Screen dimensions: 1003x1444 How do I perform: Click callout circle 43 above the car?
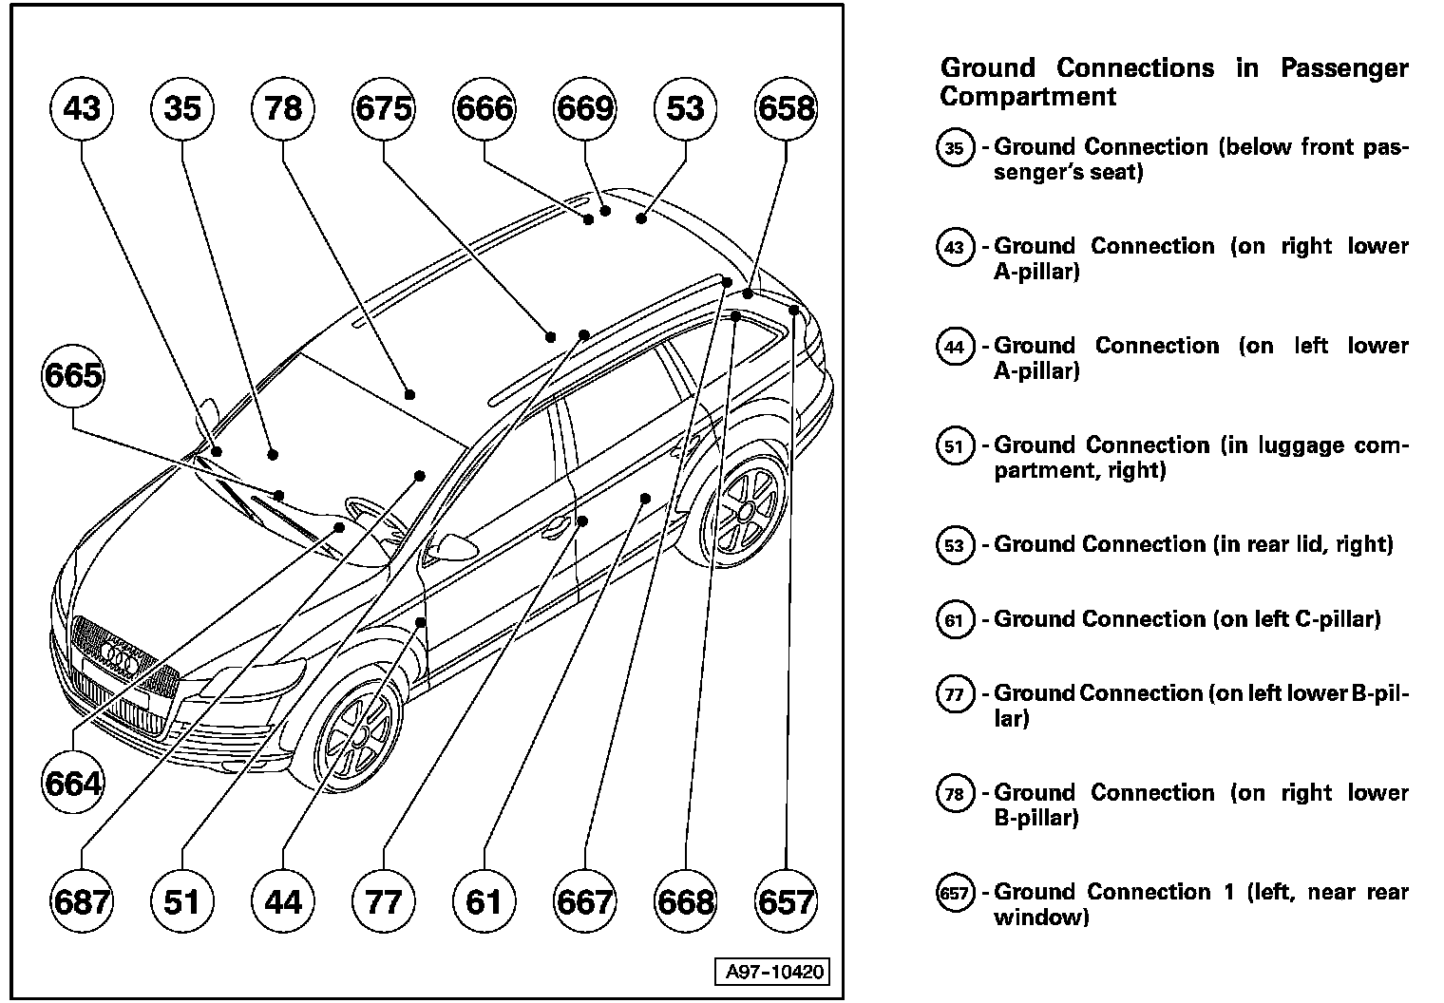(82, 108)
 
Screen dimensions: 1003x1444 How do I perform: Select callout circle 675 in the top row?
(383, 108)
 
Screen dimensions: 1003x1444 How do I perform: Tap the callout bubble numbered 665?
(73, 375)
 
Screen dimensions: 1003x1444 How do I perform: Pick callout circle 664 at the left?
(73, 784)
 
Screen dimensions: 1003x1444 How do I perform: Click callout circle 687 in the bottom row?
(82, 900)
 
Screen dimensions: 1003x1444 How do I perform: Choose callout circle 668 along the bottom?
(685, 900)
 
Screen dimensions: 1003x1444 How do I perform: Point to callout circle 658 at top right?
(786, 108)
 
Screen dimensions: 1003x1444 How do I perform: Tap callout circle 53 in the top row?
(685, 108)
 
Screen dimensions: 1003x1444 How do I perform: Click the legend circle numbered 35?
(955, 148)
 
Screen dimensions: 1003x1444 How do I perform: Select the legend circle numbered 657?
(955, 893)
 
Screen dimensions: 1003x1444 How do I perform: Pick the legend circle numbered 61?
(955, 620)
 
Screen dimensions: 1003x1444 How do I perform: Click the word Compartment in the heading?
(1028, 97)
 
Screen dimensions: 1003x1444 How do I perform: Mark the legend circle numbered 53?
(955, 545)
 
